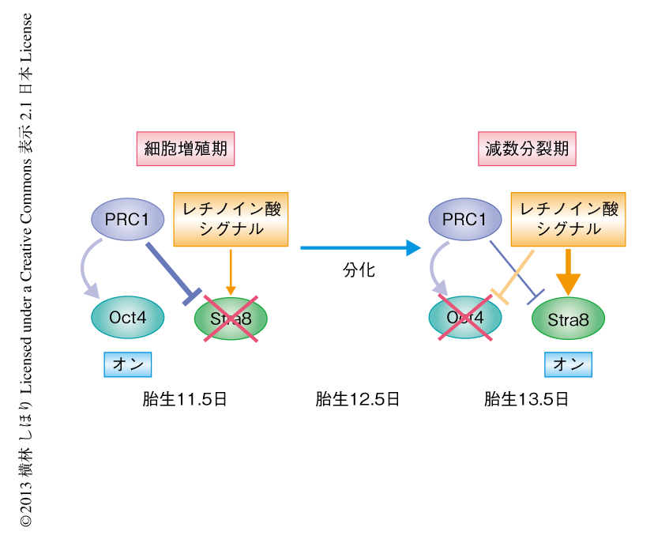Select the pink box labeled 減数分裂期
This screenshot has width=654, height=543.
click(527, 148)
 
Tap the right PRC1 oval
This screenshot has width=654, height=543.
click(464, 218)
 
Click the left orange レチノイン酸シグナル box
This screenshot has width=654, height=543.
click(231, 219)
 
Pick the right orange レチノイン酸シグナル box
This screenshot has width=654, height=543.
click(569, 219)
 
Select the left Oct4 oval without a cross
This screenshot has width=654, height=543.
click(129, 318)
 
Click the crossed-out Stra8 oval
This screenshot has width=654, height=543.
click(231, 319)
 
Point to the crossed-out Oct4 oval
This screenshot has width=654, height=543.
click(465, 318)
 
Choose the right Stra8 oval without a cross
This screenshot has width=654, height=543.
click(568, 319)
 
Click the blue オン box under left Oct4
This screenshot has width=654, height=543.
click(128, 364)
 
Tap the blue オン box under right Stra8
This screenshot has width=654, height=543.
click(568, 364)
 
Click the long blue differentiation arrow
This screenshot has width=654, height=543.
click(359, 248)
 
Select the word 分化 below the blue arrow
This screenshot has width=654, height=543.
click(359, 270)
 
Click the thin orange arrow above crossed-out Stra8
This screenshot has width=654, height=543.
click(231, 273)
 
